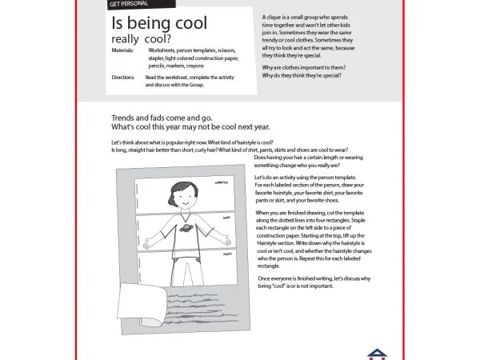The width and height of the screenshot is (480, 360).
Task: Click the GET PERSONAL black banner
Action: pyautogui.click(x=130, y=5)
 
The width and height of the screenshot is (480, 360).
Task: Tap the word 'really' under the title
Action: pyautogui.click(x=126, y=39)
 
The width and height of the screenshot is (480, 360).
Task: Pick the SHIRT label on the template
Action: pyautogui.click(x=226, y=217)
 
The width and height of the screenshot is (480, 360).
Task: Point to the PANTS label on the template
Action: pyautogui.click(x=226, y=254)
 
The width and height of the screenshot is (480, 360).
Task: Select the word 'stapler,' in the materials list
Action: pyautogui.click(x=158, y=58)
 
